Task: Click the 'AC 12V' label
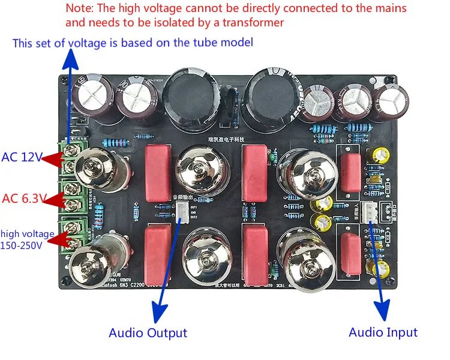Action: (22, 158)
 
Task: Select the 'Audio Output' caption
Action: (148, 332)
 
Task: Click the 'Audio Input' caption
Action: (383, 332)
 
